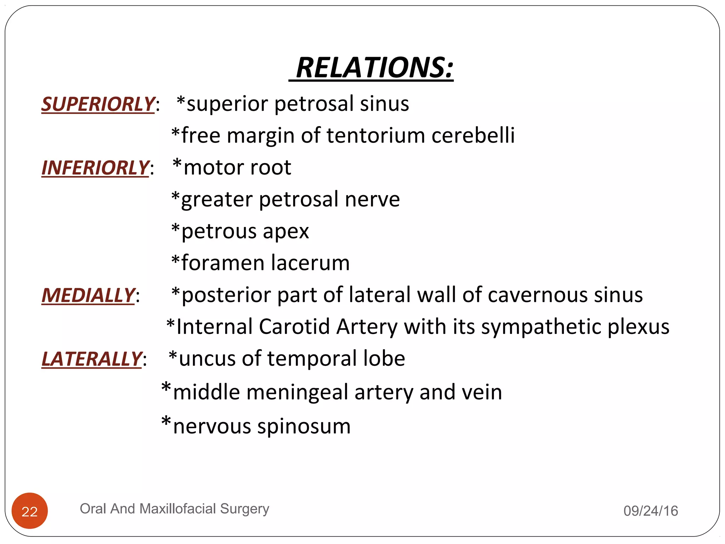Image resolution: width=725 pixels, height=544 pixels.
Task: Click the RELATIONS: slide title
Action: [x=374, y=68]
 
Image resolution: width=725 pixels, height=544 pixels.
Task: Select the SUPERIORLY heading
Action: [x=98, y=104]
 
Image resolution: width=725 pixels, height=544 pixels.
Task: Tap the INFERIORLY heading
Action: [x=95, y=168]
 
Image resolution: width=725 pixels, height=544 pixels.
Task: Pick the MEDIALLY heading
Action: [x=88, y=295]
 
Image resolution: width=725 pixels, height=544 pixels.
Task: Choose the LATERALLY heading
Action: [x=92, y=359]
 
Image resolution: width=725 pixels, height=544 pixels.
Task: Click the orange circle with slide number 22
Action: [x=30, y=511]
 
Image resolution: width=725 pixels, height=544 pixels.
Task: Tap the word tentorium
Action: [x=376, y=136]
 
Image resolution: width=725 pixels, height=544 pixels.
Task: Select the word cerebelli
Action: [x=473, y=136]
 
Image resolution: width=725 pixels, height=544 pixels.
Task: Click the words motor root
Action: [x=237, y=168]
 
